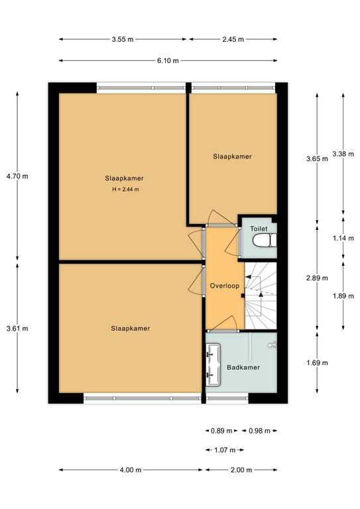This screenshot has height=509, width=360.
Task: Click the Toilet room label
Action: click(259, 229)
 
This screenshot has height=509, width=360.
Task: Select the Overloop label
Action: click(225, 286)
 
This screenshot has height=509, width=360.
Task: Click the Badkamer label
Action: click(243, 367)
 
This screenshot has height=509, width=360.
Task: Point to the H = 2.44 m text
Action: click(125, 190)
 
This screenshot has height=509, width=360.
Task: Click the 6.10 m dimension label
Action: click(168, 60)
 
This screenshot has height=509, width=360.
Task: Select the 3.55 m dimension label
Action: click(123, 39)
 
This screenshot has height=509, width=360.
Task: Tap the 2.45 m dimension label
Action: click(233, 39)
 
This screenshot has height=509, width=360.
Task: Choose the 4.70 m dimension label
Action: click(17, 176)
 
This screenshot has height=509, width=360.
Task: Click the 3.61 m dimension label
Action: click(17, 328)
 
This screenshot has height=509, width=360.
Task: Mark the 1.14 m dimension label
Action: click(343, 239)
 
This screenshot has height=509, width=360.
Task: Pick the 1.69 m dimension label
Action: click(317, 363)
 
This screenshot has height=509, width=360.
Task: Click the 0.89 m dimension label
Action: click(221, 431)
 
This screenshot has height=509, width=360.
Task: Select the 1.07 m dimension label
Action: click(225, 450)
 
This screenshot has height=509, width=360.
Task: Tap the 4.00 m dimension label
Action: click(131, 470)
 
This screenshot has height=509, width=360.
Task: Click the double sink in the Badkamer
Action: click(213, 365)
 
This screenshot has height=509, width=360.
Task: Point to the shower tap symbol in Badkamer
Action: click(272, 345)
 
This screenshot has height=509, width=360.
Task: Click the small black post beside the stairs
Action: click(243, 296)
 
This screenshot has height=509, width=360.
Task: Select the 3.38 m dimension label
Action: click(343, 154)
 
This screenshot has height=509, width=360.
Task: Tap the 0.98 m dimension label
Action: click(259, 431)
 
